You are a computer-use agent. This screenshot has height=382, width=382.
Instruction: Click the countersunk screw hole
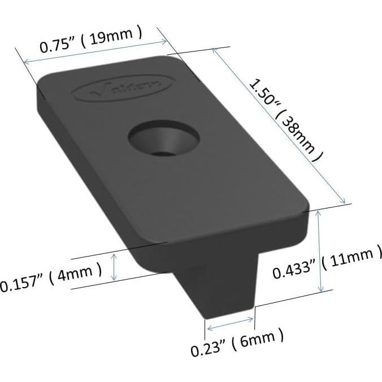tap(163, 139)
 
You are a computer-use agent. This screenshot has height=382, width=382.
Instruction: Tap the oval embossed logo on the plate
tap(126, 88)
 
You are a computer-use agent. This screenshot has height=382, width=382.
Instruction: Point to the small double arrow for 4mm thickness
tap(115, 267)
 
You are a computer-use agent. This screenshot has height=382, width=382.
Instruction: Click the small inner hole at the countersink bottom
tap(164, 151)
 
